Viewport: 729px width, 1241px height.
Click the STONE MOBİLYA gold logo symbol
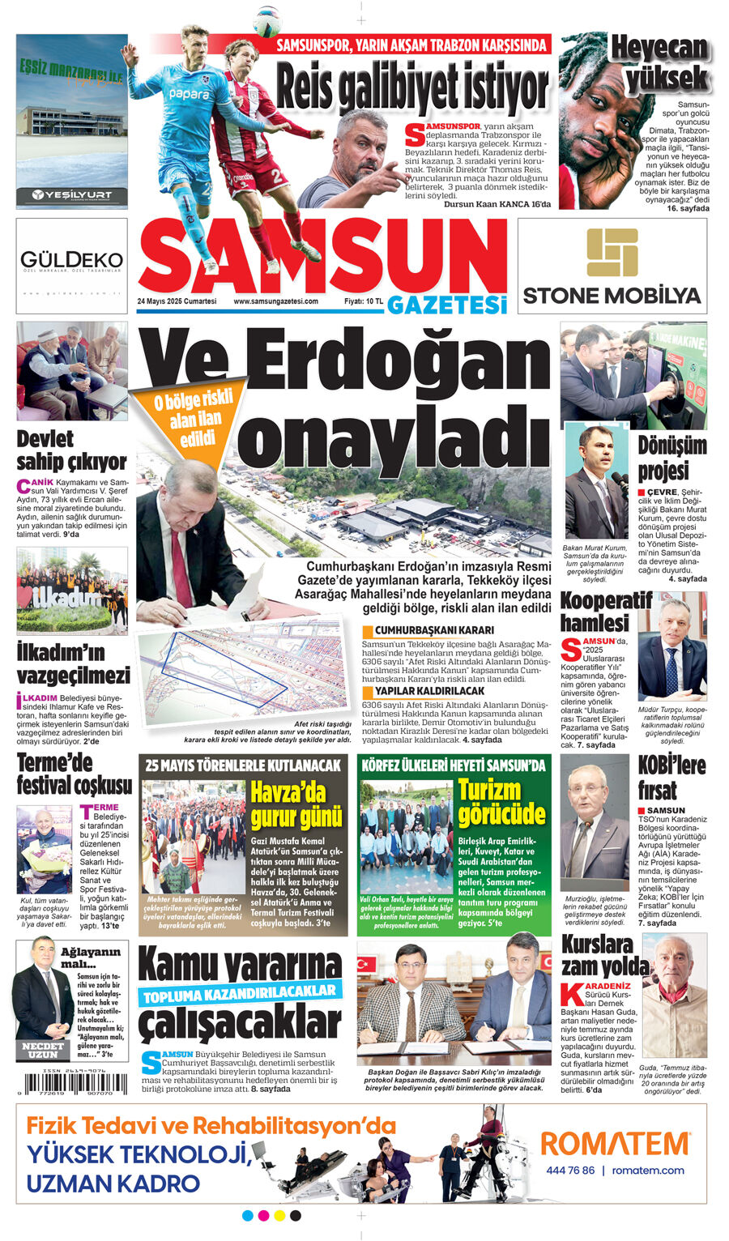612,253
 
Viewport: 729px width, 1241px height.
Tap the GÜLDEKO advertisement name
71,260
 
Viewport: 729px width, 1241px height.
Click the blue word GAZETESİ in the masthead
446,305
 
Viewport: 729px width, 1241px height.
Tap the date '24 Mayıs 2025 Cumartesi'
177,301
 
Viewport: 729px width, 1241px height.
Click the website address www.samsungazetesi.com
275,301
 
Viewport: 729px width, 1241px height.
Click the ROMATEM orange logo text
615,1144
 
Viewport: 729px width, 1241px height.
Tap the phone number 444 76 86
570,1171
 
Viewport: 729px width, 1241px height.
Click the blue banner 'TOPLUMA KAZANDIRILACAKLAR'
239,994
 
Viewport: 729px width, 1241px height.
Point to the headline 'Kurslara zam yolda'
603,955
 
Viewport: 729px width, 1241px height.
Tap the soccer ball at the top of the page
266,22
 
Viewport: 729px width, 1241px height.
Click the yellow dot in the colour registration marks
279,1216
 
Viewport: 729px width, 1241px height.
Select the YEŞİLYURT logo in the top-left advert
71,194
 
